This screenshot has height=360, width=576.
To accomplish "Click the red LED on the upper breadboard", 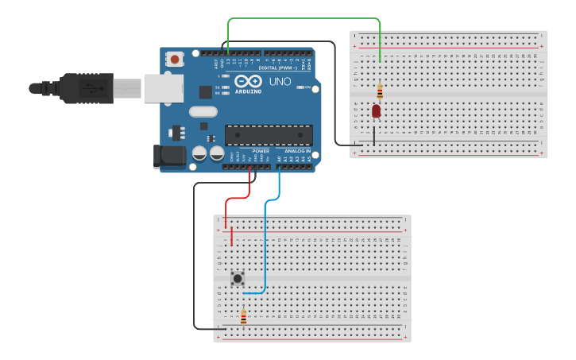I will coord(376,111).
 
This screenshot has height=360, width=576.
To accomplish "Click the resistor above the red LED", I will coord(380,90).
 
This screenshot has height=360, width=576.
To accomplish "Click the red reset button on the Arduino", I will coord(174,59).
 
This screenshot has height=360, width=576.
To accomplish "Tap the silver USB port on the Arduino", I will coord(163,87).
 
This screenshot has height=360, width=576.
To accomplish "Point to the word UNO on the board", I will coord(280,82).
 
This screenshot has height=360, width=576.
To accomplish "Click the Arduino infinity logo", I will coord(248,82).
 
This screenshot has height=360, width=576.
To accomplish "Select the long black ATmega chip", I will coord(268,135).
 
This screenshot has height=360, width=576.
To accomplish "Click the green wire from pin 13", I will coord(302,18).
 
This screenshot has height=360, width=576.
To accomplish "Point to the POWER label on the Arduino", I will coord(260,151).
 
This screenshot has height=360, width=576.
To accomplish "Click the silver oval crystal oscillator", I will coord(203,112).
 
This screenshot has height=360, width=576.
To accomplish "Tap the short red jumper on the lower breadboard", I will coord(232,237).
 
